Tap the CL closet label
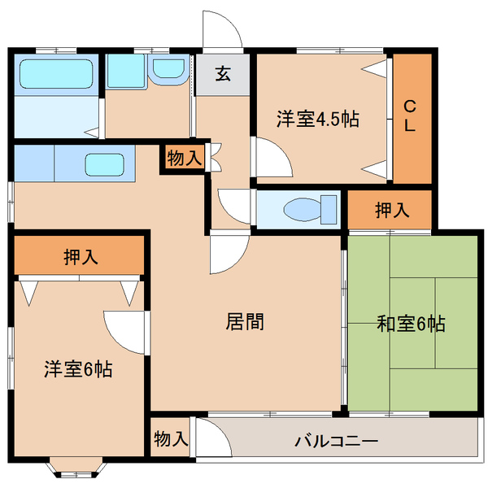pos(411,115)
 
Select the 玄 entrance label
pos(222,74)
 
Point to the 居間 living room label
pos(244,321)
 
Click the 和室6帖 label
pos(411,324)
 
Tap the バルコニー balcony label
pos(336,442)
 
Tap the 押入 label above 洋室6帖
pos(81,258)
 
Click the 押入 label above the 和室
pos(392,211)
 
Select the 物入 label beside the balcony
pos(171,440)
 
